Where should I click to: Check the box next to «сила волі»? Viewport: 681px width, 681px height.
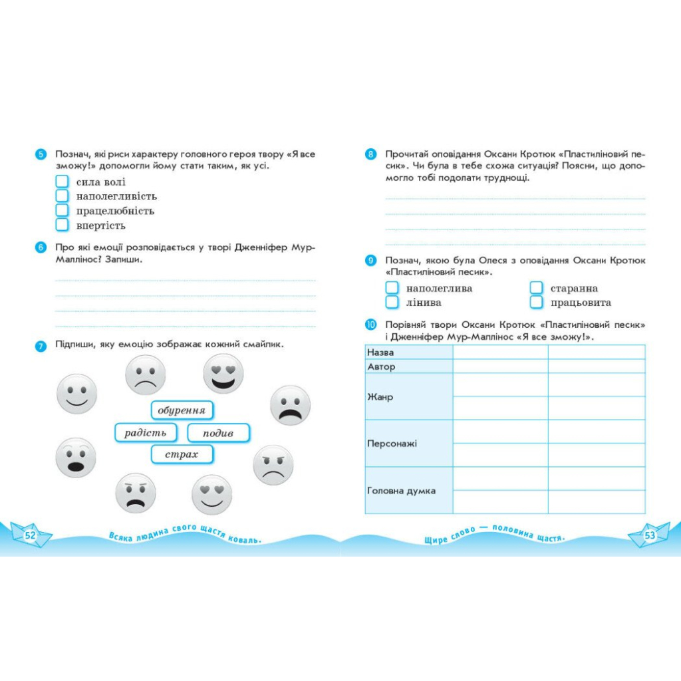click(62, 182)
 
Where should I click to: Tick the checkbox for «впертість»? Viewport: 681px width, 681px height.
click(62, 225)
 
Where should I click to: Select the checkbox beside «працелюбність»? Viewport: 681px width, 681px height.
click(62, 211)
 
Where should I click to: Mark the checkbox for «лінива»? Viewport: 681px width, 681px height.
click(392, 303)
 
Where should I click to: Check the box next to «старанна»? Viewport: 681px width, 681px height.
click(536, 288)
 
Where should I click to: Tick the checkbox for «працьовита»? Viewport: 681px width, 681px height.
click(536, 303)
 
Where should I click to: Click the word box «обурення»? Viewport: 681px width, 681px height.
click(182, 410)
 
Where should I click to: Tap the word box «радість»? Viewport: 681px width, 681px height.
click(146, 433)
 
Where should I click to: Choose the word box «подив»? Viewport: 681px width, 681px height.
click(218, 433)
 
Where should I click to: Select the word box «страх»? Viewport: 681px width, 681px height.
click(182, 455)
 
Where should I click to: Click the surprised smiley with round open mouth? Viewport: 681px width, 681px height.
click(76, 458)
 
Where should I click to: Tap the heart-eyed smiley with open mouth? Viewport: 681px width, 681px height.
click(223, 373)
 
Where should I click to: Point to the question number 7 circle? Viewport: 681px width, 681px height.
click(41, 345)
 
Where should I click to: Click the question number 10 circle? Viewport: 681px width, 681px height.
click(370, 325)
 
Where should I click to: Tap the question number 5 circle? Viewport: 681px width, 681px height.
click(41, 154)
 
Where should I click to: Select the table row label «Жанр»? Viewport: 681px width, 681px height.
click(380, 397)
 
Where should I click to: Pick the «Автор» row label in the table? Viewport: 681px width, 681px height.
click(382, 366)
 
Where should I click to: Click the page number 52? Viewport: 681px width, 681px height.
click(31, 535)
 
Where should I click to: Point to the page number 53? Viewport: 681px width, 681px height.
click(650, 535)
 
